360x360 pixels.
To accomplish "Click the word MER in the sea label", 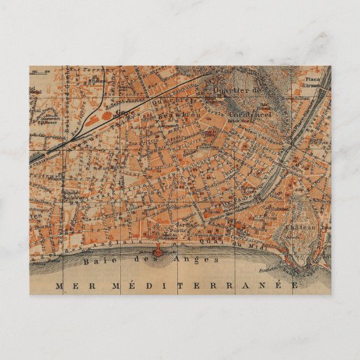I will (x=70, y=285).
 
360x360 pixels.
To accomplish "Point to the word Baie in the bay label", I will (x=96, y=260).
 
